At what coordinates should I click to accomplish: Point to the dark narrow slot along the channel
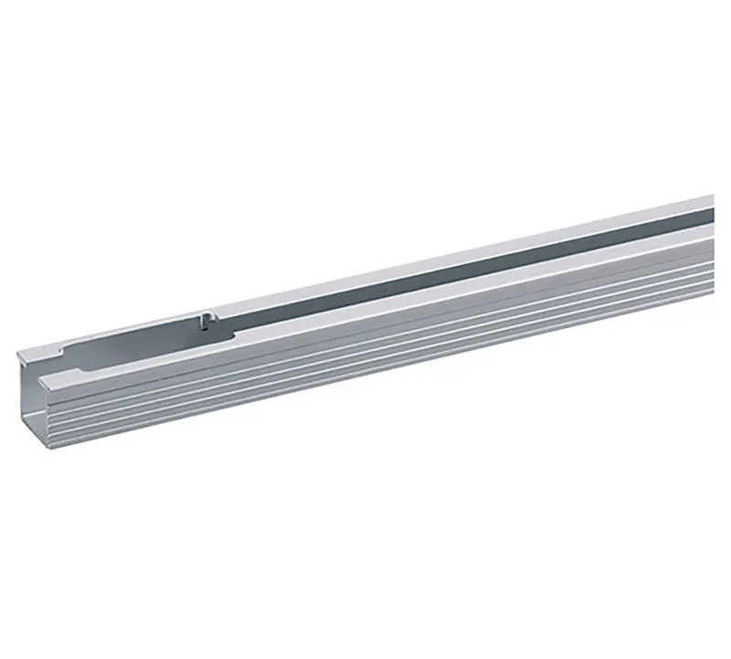pyautogui.click(x=457, y=270)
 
